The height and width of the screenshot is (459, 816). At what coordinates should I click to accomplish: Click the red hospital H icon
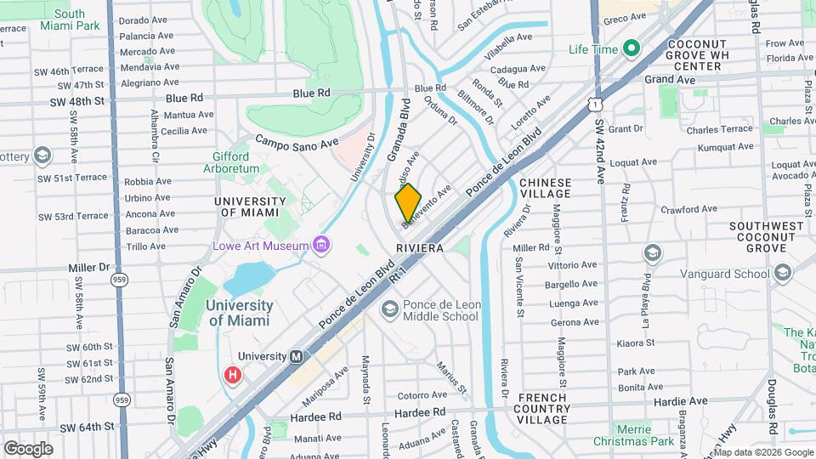pyautogui.click(x=231, y=375)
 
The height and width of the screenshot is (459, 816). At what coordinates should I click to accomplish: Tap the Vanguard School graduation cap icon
pyautogui.click(x=652, y=252)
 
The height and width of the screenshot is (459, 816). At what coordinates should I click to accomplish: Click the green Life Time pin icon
pyautogui.click(x=631, y=49)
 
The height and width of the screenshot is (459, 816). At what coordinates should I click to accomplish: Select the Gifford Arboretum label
pyautogui.click(x=225, y=162)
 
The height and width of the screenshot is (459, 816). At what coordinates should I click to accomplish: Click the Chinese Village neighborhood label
pyautogui.click(x=545, y=189)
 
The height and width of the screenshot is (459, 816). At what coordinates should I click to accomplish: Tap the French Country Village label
pyautogui.click(x=543, y=408)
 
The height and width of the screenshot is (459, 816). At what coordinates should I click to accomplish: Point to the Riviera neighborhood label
pyautogui.click(x=420, y=248)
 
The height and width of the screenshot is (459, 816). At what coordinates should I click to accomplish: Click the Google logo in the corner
pyautogui.click(x=28, y=448)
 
